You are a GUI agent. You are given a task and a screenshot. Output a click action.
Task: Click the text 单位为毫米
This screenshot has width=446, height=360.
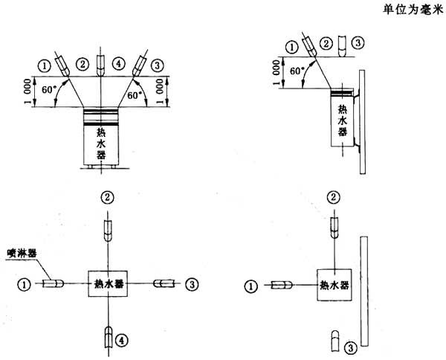[x=413, y=10]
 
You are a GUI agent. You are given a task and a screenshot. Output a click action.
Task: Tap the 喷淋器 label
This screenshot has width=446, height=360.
[x=22, y=254]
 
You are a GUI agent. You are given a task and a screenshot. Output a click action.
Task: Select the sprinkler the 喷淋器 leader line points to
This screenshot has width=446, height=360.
[x=53, y=283]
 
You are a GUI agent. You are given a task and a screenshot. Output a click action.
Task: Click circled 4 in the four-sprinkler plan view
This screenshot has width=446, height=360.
[x=122, y=340]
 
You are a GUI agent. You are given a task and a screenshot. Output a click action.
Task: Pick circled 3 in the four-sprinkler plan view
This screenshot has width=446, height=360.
[x=192, y=284]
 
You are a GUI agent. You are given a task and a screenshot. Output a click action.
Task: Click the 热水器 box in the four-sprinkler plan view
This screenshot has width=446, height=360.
[x=108, y=283]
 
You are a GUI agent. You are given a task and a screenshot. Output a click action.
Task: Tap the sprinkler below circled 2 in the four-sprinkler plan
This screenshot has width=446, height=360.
[x=108, y=231]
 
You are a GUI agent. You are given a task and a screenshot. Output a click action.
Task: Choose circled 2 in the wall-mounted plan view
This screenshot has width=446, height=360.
[x=334, y=197]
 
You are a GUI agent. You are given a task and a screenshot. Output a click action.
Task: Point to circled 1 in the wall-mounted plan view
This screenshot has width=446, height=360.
[x=251, y=286]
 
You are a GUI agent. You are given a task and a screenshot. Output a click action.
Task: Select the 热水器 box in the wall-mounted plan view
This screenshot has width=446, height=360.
[x=334, y=285]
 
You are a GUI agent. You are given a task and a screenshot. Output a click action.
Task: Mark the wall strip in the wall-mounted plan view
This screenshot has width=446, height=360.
[x=364, y=291]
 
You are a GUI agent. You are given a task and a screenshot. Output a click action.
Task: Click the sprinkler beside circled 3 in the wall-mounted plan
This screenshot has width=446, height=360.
[x=335, y=341]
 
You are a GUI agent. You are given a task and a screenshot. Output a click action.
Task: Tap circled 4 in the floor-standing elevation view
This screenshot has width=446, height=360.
[x=119, y=64]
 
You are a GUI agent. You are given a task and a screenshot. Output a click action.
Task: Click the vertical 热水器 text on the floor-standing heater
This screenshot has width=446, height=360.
[x=101, y=144]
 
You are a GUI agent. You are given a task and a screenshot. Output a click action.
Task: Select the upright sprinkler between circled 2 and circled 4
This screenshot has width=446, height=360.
[x=100, y=65]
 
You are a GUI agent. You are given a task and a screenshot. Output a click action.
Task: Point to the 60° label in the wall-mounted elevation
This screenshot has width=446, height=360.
[x=297, y=71]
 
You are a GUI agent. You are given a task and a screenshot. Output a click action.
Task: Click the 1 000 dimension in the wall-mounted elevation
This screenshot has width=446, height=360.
[x=276, y=73]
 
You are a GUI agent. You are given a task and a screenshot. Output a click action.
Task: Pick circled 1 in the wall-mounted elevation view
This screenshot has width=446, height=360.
[x=292, y=48]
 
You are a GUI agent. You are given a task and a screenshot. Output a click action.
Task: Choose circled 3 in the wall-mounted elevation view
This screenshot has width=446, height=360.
[x=358, y=43]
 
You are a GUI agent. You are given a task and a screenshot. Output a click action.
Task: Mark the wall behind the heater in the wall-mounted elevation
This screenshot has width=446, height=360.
[x=363, y=122]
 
